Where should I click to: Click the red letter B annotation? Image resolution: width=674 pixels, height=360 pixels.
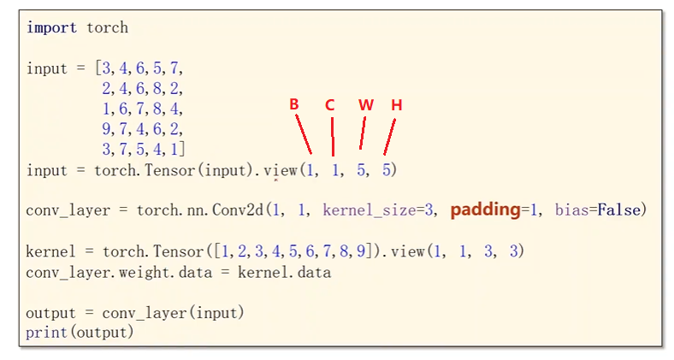293,104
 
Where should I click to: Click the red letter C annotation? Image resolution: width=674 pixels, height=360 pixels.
330,104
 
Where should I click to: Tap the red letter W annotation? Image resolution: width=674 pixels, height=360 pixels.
366,104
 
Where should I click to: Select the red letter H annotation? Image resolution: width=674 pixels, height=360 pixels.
396,104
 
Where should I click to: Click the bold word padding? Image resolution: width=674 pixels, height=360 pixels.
485,210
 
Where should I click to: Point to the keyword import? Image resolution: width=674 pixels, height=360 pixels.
52,27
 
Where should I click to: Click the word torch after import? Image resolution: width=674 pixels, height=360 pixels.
107,27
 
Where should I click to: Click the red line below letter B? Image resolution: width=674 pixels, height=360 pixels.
304,134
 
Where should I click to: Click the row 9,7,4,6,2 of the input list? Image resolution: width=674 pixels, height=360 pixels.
141,129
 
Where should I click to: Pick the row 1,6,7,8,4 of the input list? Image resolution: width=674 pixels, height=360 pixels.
141,109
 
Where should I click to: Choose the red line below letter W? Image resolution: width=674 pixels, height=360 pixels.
363,133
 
